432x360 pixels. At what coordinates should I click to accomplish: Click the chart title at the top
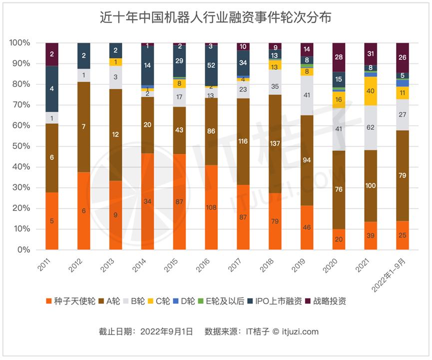click(216, 17)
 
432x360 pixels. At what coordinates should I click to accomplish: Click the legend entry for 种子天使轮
click(69, 301)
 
